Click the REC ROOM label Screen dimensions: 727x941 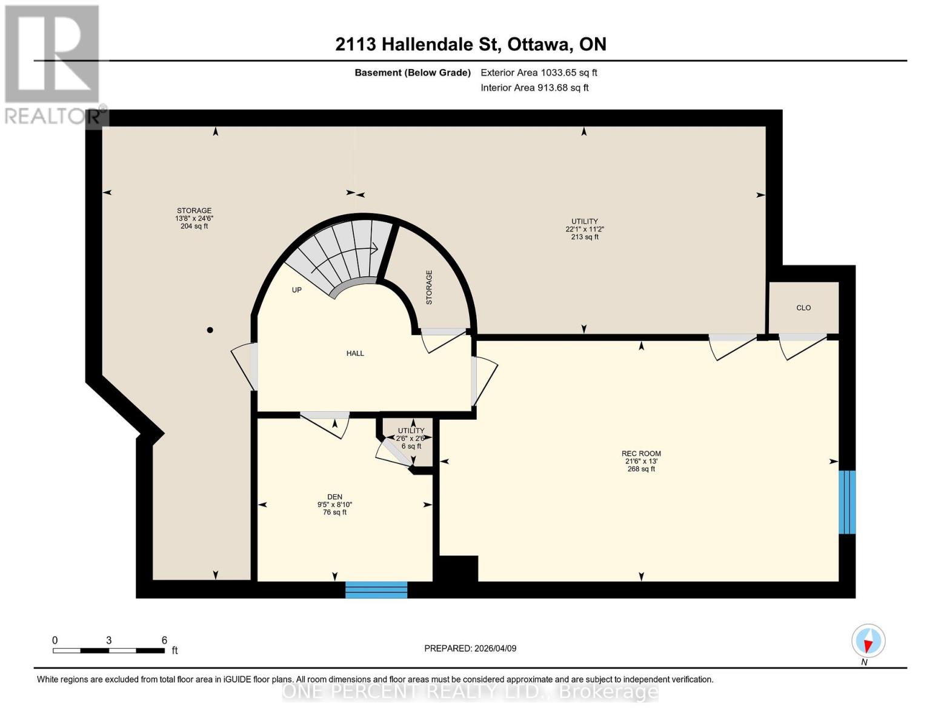[x=641, y=453]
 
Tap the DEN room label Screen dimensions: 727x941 [x=334, y=497]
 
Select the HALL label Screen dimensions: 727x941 [x=355, y=353]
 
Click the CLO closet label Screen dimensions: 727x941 [x=803, y=308]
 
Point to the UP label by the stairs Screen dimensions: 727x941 [x=296, y=290]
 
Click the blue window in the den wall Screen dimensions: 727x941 [x=376, y=589]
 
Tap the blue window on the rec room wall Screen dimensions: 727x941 [x=846, y=502]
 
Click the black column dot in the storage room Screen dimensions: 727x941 [x=210, y=330]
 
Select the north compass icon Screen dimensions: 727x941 [x=868, y=641]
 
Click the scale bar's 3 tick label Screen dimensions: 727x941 [x=108, y=640]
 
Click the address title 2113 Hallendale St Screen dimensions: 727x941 [x=471, y=44]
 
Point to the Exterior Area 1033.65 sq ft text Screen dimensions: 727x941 [x=539, y=73]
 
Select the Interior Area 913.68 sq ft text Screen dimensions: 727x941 [x=534, y=88]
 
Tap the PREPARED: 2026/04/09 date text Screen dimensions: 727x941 [x=470, y=648]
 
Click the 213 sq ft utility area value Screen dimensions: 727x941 [x=585, y=237]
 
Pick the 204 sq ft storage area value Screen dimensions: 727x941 [x=194, y=226]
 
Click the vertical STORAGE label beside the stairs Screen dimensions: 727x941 [x=429, y=287]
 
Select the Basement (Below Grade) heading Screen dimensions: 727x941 [x=413, y=73]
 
